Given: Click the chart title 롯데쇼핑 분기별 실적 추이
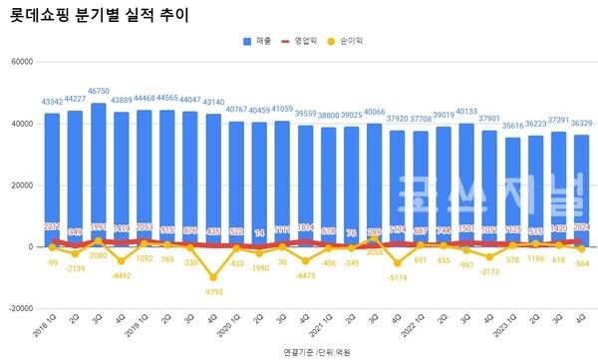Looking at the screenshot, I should (97, 16).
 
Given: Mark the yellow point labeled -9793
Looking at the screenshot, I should (213, 277).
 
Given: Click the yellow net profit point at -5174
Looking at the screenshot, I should (398, 263).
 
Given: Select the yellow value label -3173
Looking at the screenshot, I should (489, 270).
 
